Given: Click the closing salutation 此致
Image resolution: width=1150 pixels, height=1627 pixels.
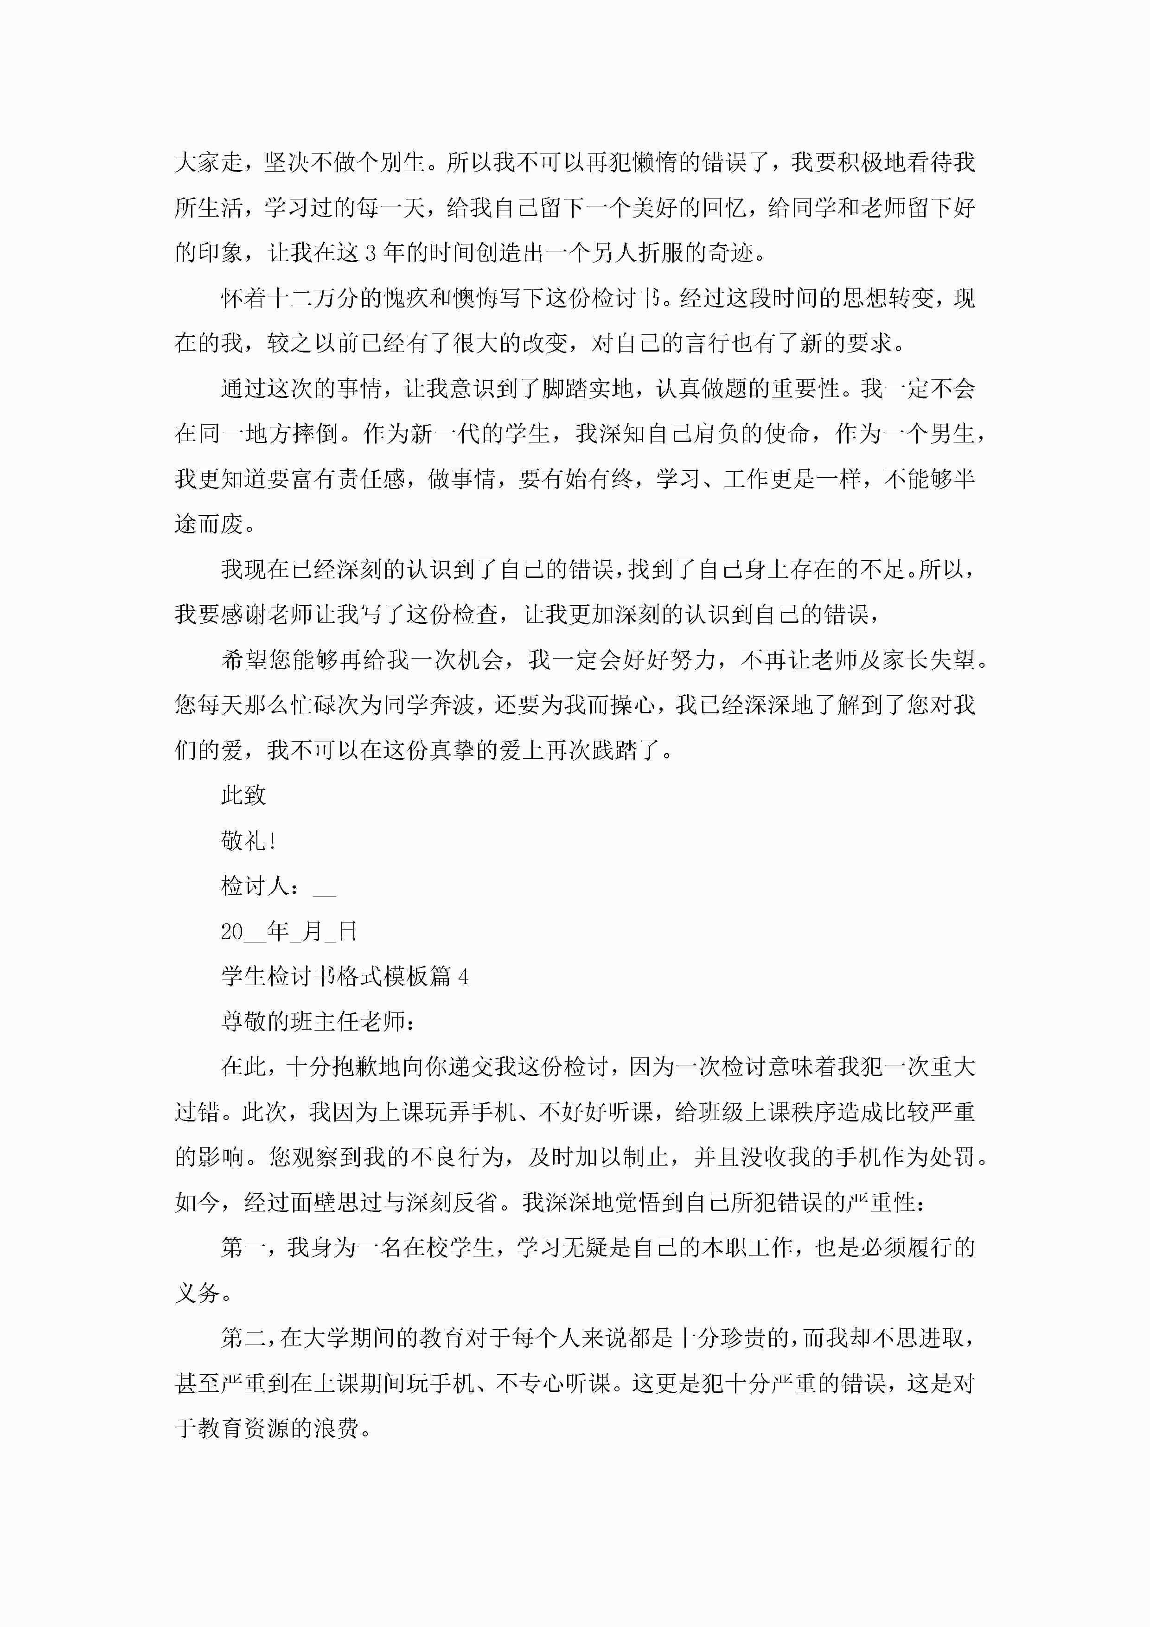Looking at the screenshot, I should coord(243,795).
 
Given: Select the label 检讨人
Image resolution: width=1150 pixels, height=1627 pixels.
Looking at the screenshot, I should coord(255,886).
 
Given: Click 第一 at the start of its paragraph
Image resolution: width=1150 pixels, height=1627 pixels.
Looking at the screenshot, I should coord(243,1248).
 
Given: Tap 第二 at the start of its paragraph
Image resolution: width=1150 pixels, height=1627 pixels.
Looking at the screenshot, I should coord(243,1338).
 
